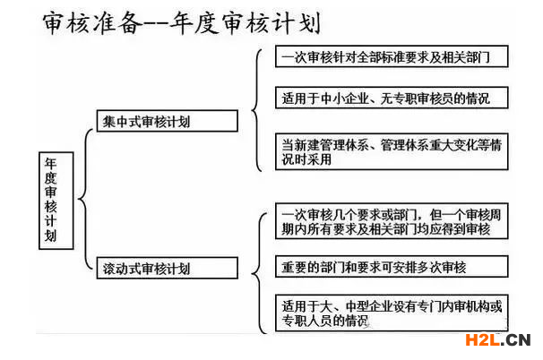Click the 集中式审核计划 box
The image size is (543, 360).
pyautogui.click(x=168, y=121)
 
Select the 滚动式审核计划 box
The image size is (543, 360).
pyautogui.click(x=168, y=268)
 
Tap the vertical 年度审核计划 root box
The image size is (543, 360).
pyautogui.click(x=56, y=201)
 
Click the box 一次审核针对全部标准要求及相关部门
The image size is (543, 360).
pyautogui.click(x=392, y=56)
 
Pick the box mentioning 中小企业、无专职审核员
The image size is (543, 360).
pyautogui.click(x=392, y=98)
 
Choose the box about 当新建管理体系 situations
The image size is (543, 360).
pyautogui.click(x=392, y=151)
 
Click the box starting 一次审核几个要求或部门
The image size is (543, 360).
pyautogui.click(x=392, y=221)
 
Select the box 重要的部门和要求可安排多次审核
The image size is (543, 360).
pyautogui.click(x=392, y=267)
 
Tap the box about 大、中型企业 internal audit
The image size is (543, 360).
pyautogui.click(x=392, y=313)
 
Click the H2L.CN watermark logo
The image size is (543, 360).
pyautogui.click(x=498, y=340)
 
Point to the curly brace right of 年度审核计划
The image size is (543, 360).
pyautogui.click(x=85, y=199)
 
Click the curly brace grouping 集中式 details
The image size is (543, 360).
pyautogui.click(x=256, y=110)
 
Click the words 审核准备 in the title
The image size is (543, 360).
pyautogui.click(x=92, y=23)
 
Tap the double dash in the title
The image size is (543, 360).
pyautogui.click(x=156, y=24)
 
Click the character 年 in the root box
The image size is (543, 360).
pyautogui.click(x=51, y=163)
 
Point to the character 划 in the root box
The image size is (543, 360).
pyautogui.click(x=51, y=236)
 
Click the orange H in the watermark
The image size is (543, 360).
pyautogui.click(x=472, y=340)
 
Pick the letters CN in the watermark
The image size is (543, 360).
pyautogui.click(x=519, y=340)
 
